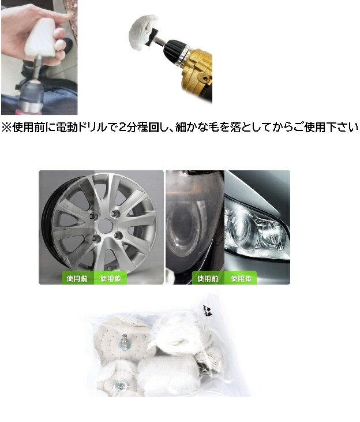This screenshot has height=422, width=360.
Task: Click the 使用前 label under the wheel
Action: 77,278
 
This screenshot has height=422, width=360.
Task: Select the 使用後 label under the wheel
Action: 110,278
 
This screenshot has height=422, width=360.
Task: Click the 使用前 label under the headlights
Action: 208,278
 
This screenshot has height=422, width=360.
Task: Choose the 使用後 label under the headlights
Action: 241,278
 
